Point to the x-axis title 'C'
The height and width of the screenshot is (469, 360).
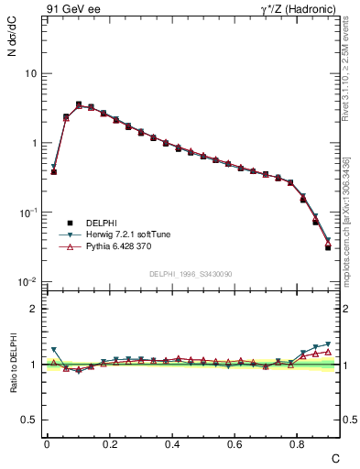pyautogui.click(x=335, y=457)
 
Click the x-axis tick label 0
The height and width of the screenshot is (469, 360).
pyautogui.click(x=47, y=443)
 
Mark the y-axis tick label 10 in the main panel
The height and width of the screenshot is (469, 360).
pyautogui.click(x=30, y=73)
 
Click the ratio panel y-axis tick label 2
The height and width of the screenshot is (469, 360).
pyautogui.click(x=34, y=309)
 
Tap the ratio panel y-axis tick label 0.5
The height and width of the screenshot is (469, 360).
pyautogui.click(x=29, y=420)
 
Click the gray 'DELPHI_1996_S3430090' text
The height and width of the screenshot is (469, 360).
pyautogui.click(x=189, y=274)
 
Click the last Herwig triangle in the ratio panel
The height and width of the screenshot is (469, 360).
pyautogui.click(x=328, y=344)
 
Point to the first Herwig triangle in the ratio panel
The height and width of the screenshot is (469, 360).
pyautogui.click(x=54, y=350)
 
